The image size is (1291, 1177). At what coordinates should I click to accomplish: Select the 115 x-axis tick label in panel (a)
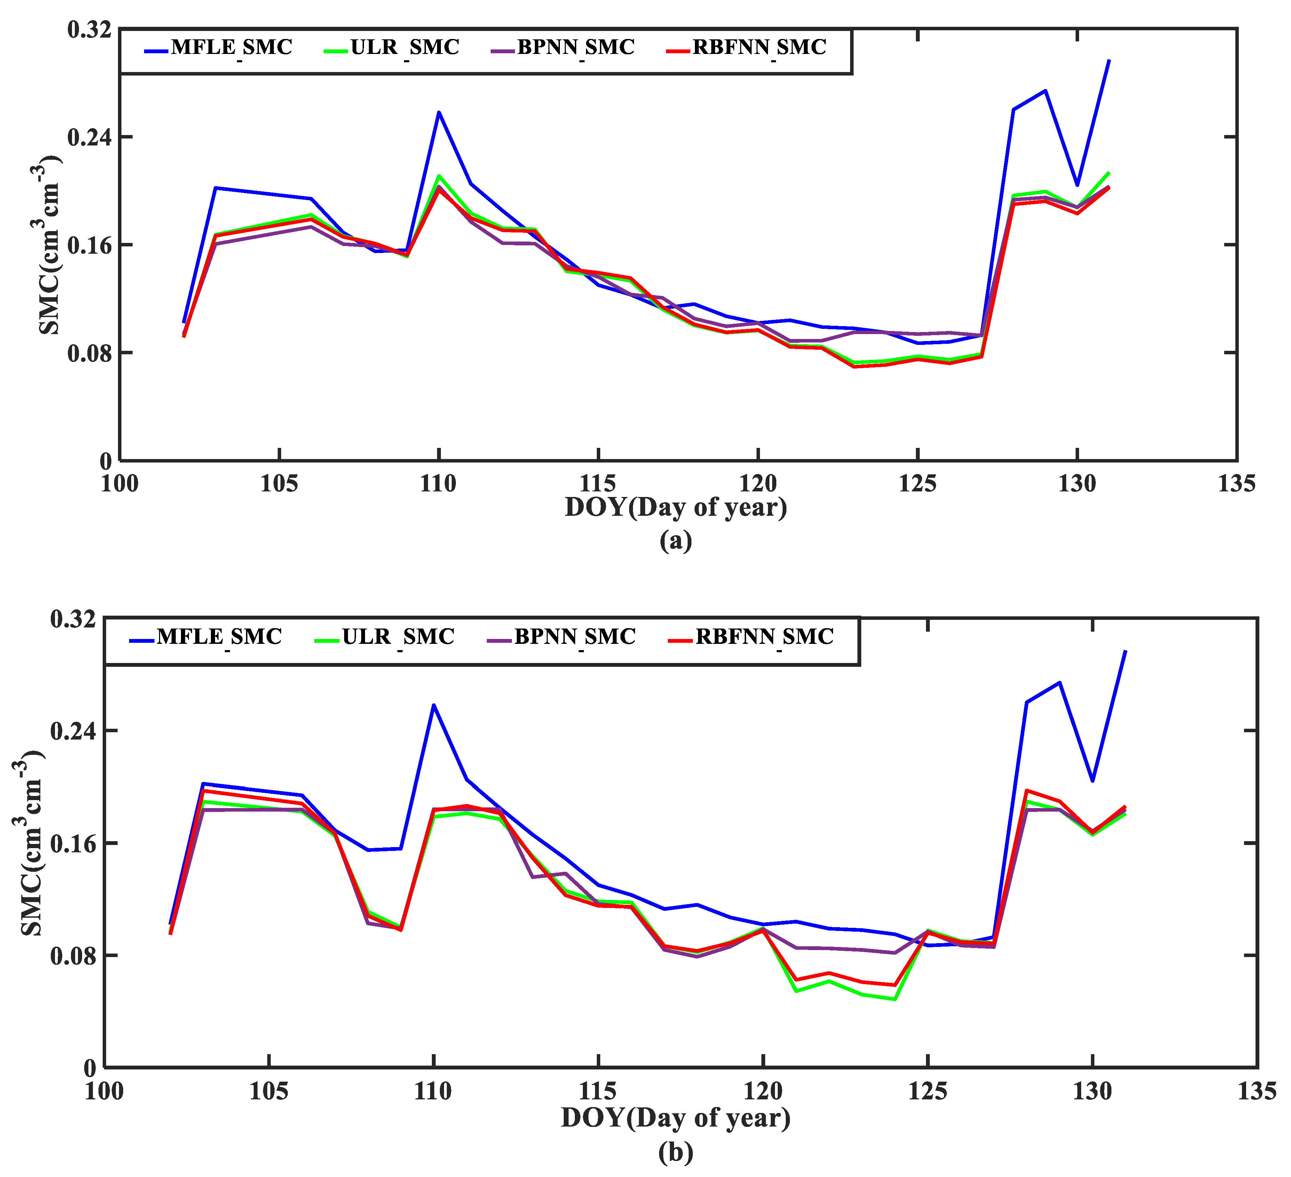click(597, 483)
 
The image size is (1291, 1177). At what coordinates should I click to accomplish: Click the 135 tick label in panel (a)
click(1236, 483)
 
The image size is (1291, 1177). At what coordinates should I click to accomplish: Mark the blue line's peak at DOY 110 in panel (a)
click(439, 112)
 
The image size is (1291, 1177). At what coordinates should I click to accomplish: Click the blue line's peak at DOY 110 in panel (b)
click(434, 705)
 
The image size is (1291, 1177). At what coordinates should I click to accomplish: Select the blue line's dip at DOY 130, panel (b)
click(1093, 781)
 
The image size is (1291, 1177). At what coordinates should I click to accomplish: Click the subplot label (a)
click(675, 541)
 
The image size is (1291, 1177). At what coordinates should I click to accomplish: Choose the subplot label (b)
click(675, 1153)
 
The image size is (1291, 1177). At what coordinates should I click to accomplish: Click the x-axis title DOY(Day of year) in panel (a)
click(675, 507)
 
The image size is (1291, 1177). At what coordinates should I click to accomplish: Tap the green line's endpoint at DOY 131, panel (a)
click(1109, 172)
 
